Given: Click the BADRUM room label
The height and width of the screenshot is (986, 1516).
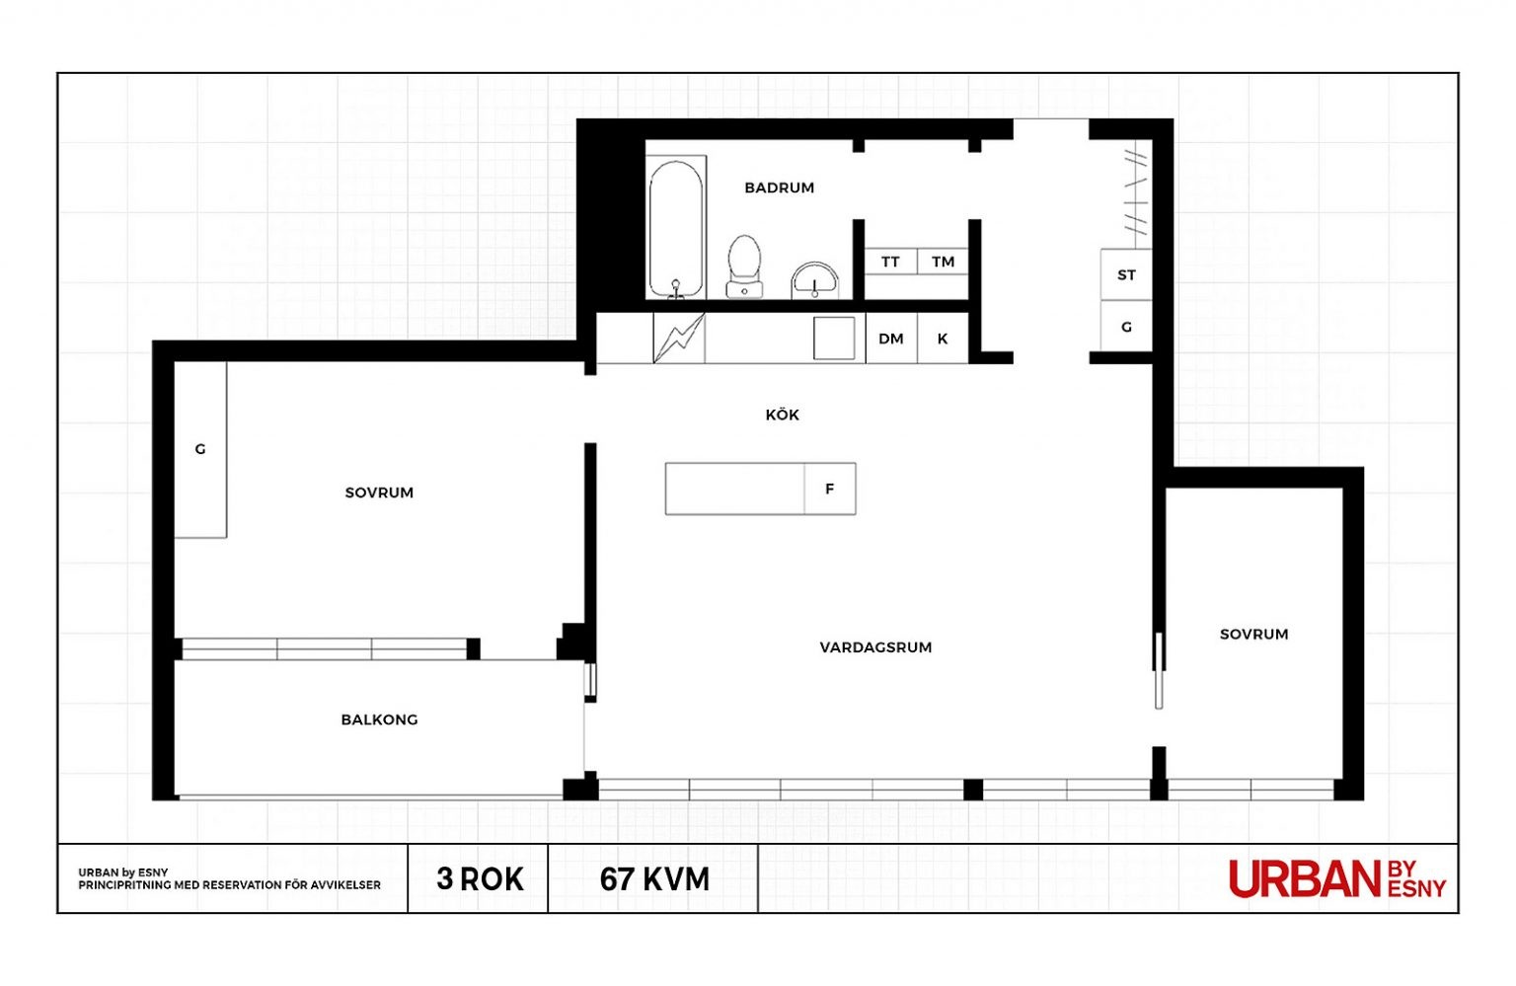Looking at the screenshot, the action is coord(779,188).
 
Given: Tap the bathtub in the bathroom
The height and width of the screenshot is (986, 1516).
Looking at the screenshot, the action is coord(675,229).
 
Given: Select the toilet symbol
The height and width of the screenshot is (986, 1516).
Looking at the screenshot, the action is coord(744,266).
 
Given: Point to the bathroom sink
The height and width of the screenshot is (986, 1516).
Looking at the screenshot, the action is coord(814,281).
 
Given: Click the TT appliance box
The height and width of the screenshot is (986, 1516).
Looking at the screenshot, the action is coord(890,262).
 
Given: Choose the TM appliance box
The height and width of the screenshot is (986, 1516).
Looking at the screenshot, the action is coord(943,262).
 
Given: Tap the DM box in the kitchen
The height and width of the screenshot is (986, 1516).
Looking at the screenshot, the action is coord(891,339).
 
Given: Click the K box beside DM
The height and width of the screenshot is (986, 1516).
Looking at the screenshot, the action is coord(943,339).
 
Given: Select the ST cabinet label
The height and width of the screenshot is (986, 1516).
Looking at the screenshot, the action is coord(1126,275).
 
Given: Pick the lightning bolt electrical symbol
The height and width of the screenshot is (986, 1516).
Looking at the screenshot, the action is coord(679,338).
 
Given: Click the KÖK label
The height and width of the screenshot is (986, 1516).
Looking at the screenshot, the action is coord(783,415).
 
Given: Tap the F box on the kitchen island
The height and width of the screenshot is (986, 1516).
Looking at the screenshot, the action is coord(830,489).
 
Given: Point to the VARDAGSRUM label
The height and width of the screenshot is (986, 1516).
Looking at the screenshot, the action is coord(875,647).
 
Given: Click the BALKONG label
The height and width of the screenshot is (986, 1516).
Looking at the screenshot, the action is coord(379,721).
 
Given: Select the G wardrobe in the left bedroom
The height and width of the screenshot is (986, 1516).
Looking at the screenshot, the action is coord(200,449).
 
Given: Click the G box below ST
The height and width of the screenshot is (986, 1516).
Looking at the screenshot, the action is coord(1126,327).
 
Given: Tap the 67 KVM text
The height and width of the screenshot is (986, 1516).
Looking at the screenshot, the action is coord(654,879).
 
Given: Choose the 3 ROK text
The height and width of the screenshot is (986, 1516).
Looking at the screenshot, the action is coord(480,879).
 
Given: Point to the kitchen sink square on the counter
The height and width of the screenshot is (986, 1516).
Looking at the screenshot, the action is coord(834,338).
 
